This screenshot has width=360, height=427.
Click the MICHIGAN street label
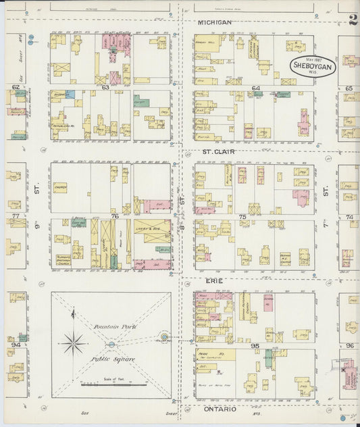[x=215, y=22]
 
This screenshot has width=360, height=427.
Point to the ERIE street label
[x=214, y=279]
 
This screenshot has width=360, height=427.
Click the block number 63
[x=105, y=87]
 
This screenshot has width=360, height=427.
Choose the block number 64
[x=256, y=88]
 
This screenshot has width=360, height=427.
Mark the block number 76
[x=115, y=216]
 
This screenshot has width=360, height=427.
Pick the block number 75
[x=242, y=216]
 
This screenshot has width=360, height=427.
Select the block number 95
[x=255, y=346]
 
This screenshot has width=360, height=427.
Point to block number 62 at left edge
[x=16, y=87]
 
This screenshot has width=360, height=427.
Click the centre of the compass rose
[x=72, y=343]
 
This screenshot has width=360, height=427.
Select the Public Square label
[x=113, y=359]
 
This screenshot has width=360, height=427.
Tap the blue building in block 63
[x=70, y=95]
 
